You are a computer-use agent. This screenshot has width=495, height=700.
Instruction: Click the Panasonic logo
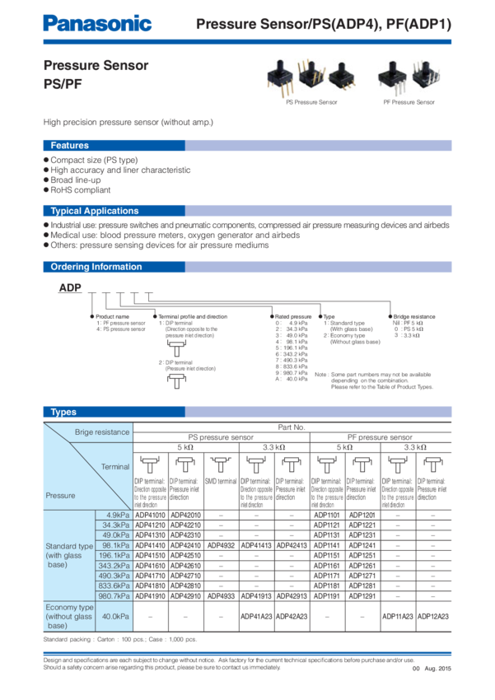[97, 24]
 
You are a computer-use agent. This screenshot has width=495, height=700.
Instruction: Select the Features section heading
[70, 146]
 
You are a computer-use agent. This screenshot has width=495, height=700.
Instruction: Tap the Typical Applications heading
[95, 211]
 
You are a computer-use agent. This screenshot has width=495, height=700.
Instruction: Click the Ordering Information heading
[96, 267]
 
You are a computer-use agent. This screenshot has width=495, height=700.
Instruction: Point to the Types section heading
[63, 412]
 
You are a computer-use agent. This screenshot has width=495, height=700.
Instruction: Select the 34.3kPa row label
[113, 524]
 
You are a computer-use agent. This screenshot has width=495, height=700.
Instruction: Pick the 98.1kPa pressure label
[113, 544]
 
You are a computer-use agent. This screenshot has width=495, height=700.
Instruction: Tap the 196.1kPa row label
[112, 554]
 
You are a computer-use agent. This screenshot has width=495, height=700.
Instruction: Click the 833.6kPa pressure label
[112, 585]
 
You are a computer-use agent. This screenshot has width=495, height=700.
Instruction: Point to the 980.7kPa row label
[112, 595]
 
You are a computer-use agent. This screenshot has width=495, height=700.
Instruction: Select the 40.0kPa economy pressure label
[113, 616]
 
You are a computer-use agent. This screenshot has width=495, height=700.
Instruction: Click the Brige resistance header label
[102, 432]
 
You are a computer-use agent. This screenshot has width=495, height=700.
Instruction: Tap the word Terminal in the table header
[115, 466]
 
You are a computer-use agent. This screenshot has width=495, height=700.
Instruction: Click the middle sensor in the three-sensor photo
[311, 79]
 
